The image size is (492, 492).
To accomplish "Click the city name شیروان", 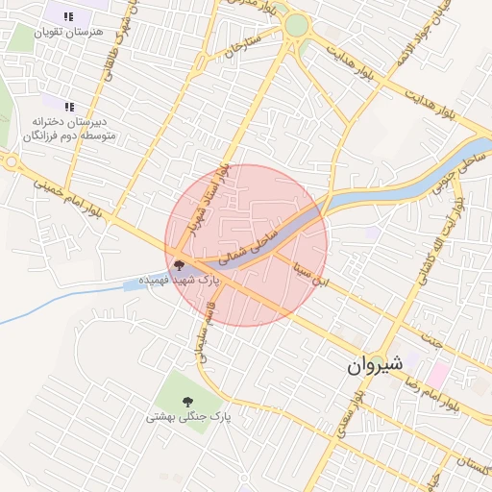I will pos(374,366).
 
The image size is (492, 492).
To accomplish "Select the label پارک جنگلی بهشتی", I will pos(189,418).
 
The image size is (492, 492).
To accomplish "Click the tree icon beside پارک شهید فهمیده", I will pos(179,262).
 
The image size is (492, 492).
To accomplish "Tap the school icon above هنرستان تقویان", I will pos(69,16).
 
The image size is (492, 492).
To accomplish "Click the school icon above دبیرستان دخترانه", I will pos(68,107).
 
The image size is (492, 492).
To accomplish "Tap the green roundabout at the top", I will pos(297,25).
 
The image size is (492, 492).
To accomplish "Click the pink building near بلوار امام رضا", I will pos(438,375).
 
